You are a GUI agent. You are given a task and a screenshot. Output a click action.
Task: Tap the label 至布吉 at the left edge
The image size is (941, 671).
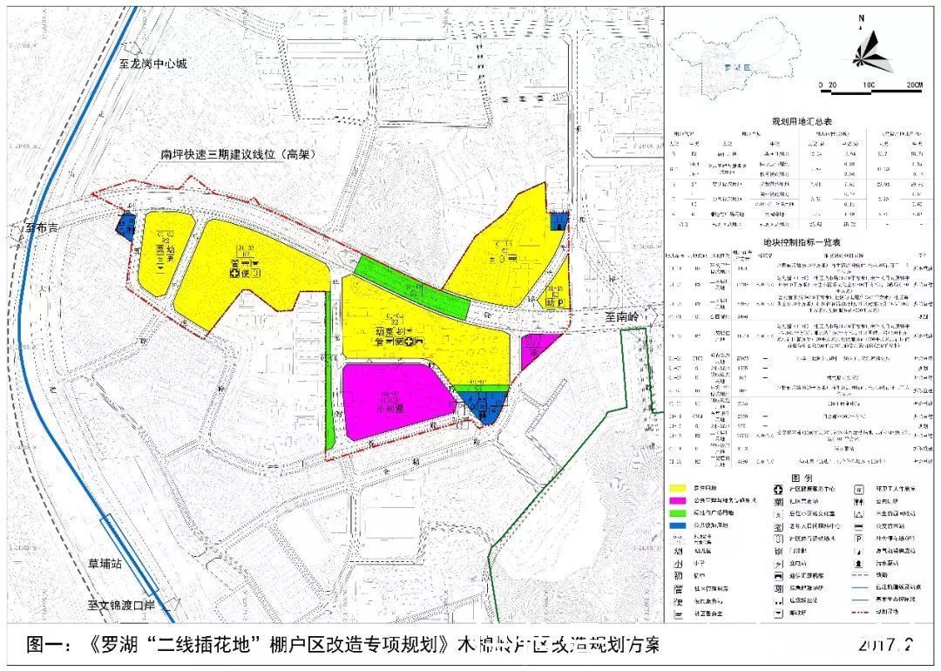pyautogui.click(x=41, y=230)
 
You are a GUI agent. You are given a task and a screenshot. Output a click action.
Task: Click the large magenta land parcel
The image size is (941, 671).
pyautogui.click(x=392, y=401)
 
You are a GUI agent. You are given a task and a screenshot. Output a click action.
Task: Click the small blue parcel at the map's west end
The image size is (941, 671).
pyautogui.click(x=125, y=227)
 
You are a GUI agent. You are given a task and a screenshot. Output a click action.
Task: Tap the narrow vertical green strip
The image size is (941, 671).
pyautogui.click(x=329, y=366)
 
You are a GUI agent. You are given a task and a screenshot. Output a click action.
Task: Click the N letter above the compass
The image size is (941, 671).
pyautogui.click(x=861, y=17)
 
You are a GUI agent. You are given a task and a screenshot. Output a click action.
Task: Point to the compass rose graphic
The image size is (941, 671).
pyautogui.click(x=872, y=52)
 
